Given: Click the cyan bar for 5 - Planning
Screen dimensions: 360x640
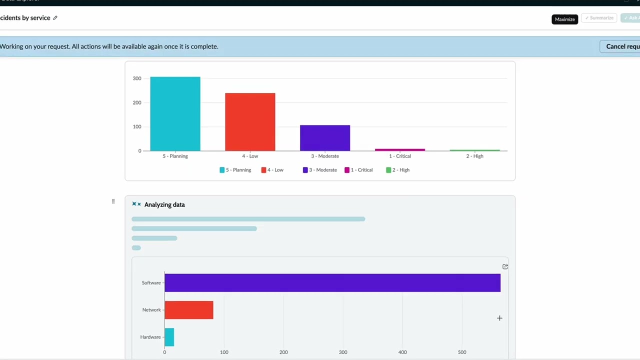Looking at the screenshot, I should tap(175, 114).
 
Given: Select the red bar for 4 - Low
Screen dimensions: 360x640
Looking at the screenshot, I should tap(250, 122).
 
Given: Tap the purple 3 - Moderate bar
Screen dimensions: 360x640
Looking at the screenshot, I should tap(325, 138).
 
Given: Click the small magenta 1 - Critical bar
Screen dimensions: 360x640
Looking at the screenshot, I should tap(400, 149).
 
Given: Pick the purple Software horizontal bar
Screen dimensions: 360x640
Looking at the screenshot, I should tap(332, 283).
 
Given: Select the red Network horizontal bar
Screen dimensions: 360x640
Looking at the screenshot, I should tap(188, 310).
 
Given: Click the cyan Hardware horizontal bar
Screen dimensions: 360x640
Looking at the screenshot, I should tap(169, 337).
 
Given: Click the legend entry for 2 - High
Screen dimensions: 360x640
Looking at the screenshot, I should tap(398, 170).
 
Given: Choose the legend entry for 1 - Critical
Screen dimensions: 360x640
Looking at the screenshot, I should tap(358, 170).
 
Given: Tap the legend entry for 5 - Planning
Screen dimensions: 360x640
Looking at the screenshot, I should tap(235, 170).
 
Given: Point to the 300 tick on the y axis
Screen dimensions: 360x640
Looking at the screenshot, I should tap(137, 78).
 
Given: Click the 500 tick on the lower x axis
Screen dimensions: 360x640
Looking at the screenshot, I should tap(462, 352).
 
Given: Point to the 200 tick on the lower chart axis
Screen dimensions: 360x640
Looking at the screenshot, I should tap(283, 352).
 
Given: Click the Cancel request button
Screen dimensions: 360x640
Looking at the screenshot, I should tap(621, 46).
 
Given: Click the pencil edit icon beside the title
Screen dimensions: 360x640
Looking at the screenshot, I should tap(55, 18).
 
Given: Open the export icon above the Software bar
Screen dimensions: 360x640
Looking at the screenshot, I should tap(505, 267).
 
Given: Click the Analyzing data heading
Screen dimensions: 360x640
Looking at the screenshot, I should tap(164, 204).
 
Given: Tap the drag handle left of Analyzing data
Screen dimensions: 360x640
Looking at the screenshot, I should tap(113, 201).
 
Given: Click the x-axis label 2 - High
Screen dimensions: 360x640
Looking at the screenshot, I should tap(474, 156).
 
